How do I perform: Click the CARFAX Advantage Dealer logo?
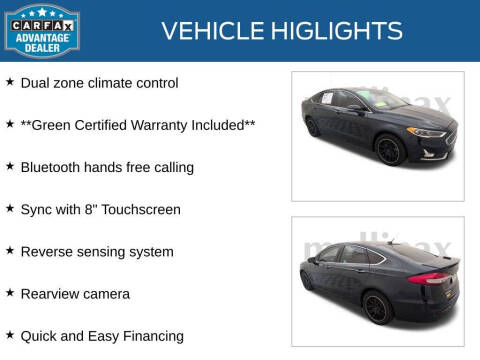[42, 29]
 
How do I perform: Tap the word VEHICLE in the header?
[211, 31]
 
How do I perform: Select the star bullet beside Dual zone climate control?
[10, 82]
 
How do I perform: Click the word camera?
[104, 294]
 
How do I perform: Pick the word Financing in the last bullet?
[150, 336]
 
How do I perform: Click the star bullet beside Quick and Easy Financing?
[10, 335]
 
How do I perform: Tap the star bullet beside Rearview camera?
[10, 293]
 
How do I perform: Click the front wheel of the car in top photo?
[391, 150]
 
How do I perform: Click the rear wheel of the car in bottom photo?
[377, 307]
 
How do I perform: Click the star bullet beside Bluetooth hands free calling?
[10, 166]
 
